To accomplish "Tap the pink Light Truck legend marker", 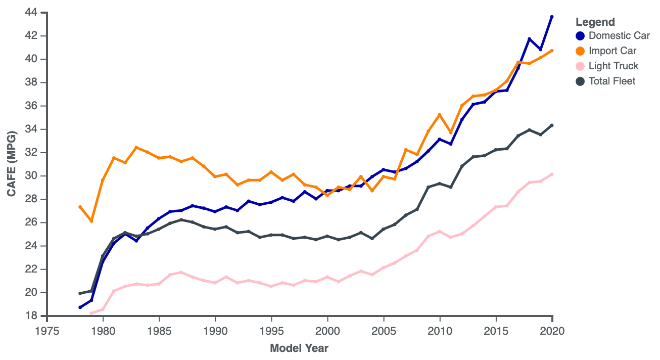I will pos(580,66).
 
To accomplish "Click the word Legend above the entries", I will pos(595,22).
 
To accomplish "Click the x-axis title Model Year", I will pos(299,348).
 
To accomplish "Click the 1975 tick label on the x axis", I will pos(47,330).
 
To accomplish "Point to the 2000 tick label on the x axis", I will pos(327,330).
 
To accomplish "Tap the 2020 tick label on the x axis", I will pos(552,330).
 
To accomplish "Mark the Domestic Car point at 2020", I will pos(552,17).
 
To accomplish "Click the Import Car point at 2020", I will pos(552,51).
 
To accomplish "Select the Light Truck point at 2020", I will pos(552,174).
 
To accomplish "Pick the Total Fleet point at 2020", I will pos(552,125).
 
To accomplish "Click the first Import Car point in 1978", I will pos(80,207).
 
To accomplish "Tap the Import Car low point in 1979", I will pos(91,221).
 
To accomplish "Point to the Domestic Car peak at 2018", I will pos(530,38).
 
